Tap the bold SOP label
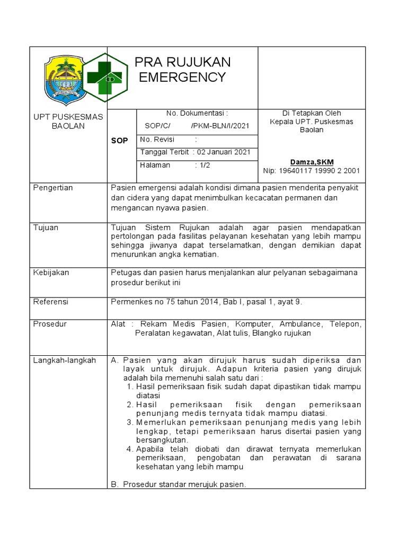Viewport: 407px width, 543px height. pos(119,141)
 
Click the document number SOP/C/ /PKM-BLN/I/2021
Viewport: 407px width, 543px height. pos(197,126)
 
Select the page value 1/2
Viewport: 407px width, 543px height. pos(205,165)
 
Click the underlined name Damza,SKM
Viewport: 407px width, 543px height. pos(312,162)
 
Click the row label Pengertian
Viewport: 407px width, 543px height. pos(53,188)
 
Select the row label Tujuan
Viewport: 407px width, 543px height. pos(46,227)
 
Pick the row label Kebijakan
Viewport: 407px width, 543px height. pos(51,273)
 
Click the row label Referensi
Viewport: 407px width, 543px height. pos(51,302)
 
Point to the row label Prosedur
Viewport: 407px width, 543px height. pos(50,323)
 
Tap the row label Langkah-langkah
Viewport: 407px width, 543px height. pos(65,360)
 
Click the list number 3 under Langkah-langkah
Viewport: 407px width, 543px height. pos(130,422)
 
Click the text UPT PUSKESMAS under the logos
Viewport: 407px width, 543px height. pos(68,117)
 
